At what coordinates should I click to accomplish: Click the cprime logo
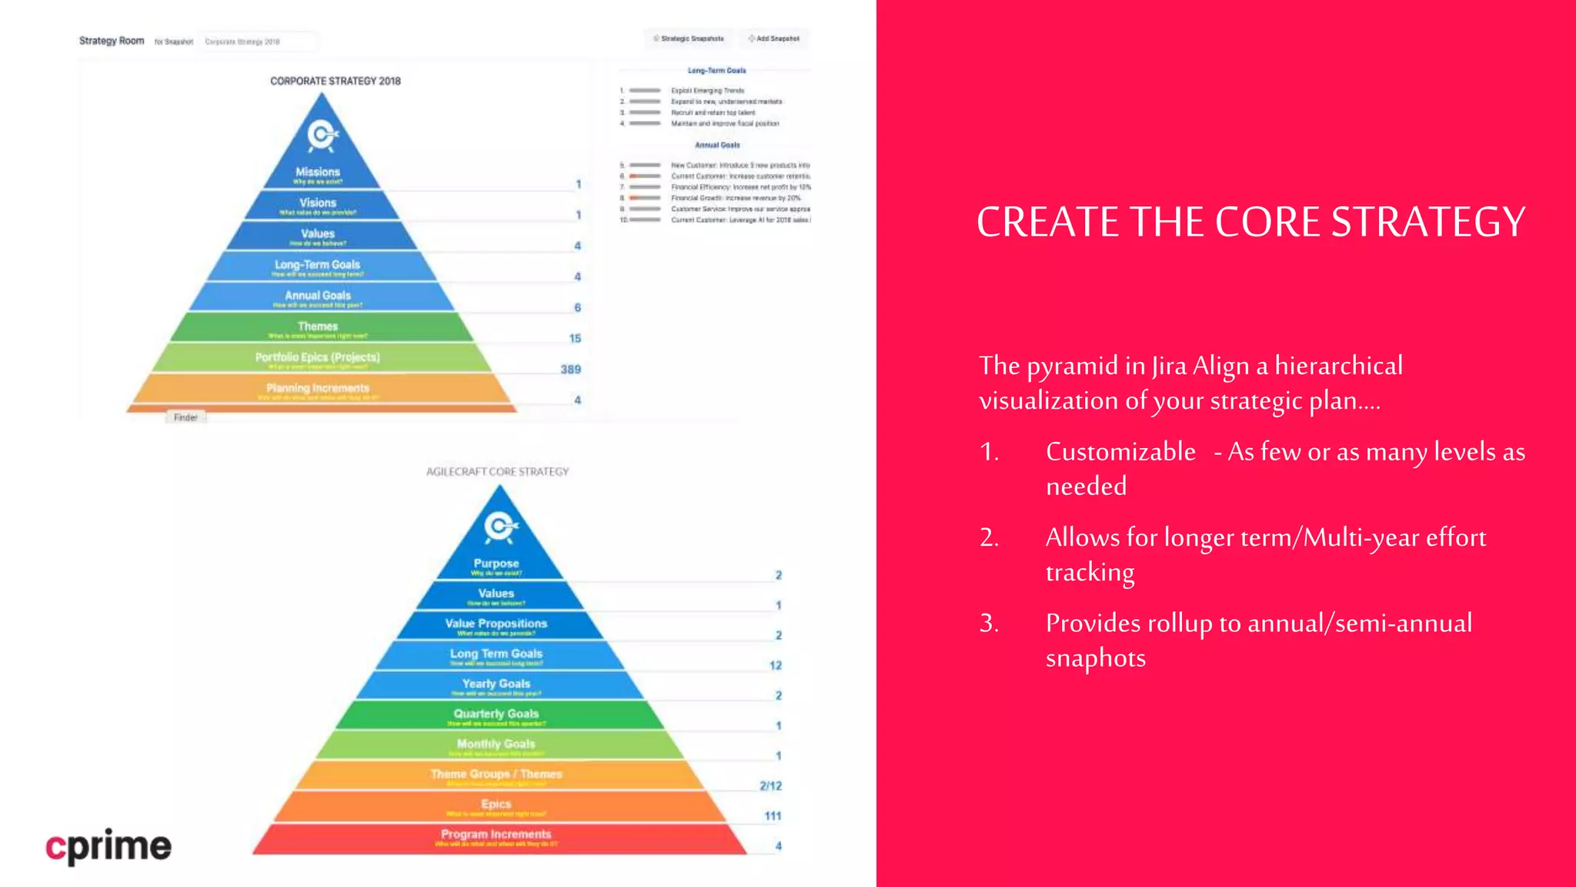109,846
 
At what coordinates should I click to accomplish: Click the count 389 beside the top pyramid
571,370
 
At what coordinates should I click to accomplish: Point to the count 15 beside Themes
575,339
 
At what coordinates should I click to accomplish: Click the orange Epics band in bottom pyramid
496,805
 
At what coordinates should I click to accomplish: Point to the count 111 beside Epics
773,816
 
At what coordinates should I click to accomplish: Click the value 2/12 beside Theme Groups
770,786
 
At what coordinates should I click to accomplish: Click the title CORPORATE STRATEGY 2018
336,81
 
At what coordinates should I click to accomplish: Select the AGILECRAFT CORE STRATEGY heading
497,471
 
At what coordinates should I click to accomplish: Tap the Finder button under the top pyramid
185,417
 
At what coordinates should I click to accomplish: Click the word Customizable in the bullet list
1120,451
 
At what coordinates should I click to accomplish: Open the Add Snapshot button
775,38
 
